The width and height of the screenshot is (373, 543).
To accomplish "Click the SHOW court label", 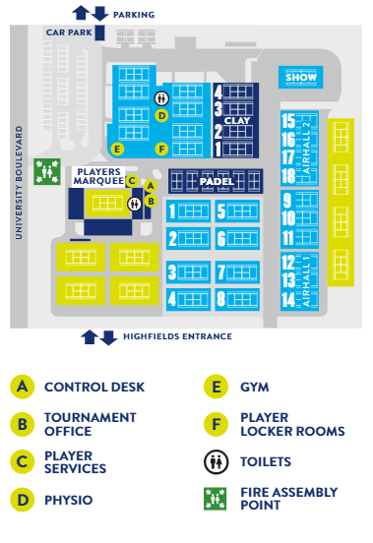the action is coord(300,77).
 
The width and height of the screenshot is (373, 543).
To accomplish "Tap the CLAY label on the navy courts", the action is coord(237,121).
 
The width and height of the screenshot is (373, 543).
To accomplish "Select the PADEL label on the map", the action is coord(217,181).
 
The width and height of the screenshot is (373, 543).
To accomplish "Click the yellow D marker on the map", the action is coord(161,115).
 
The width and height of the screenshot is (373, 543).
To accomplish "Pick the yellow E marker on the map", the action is coord(117,150).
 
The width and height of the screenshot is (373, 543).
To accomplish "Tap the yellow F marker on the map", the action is coord(161,150).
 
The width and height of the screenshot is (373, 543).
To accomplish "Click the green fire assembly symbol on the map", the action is coord(47,171).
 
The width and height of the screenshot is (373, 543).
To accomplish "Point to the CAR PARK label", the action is coord(69,32).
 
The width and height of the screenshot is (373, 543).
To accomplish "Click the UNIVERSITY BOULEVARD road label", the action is coord(19,183).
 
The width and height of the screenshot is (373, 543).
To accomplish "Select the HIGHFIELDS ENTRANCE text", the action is coord(178,336).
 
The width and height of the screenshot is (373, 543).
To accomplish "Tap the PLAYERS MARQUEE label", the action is coord(99,176).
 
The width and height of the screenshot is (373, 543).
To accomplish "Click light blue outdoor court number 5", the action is coord(237,211).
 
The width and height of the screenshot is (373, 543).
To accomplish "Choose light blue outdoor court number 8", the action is coord(237,299).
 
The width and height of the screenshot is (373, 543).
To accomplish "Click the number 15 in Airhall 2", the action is coord(288,121).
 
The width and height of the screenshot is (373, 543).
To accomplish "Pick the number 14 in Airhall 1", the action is coord(288,300).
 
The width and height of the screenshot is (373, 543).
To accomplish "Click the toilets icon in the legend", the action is coord(217,462).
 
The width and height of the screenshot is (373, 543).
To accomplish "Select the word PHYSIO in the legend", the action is coord(69,500).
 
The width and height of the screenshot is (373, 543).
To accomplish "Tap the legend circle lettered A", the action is coord(23,387).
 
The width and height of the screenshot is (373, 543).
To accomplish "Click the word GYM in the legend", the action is coord(255,388).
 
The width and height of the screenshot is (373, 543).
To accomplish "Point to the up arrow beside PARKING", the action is coord(81,13).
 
